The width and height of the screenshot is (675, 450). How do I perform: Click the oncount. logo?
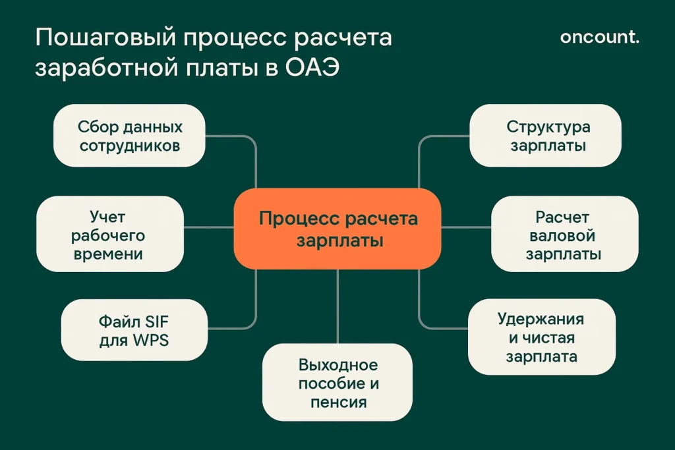tap(599, 37)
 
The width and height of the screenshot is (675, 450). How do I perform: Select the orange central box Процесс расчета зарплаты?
tap(337, 229)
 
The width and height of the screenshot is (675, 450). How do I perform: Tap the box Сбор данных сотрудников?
tap(129, 136)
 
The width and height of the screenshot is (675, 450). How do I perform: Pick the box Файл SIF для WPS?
tap(134, 331)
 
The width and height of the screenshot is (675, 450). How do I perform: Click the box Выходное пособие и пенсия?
tap(337, 383)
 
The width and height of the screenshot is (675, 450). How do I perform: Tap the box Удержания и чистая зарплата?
tap(541, 338)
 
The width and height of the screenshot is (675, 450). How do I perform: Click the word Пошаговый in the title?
tap(104, 38)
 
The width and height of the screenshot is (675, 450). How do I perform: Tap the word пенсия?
tap(338, 401)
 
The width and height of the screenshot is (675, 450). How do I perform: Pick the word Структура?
tap(548, 127)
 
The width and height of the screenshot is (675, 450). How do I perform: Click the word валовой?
tap(563, 235)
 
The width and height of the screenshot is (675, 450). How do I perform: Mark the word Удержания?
tap(541, 320)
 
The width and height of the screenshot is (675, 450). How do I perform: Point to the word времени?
tap(108, 253)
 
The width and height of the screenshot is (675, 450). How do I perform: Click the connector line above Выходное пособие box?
tap(337, 306)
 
